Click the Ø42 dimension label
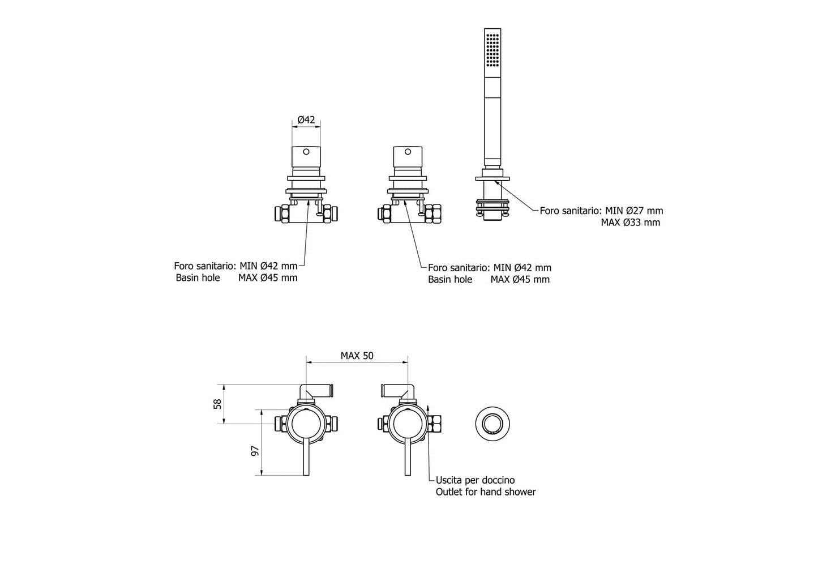pos(306,119)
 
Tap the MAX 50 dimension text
pos(357,356)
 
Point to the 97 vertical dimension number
pos(255,451)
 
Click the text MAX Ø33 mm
pos(630,223)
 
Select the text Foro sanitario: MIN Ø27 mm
pos(601,211)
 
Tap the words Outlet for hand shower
pos(485,492)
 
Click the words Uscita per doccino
pos(475,480)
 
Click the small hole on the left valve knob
pos(306,152)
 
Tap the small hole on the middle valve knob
pos(407,152)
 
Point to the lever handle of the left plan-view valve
pos(306,458)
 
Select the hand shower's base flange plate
pos(492,179)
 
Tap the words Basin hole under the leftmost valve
pos(198,278)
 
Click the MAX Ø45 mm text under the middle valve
pos(520,279)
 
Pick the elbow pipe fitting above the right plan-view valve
pos(399,391)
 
